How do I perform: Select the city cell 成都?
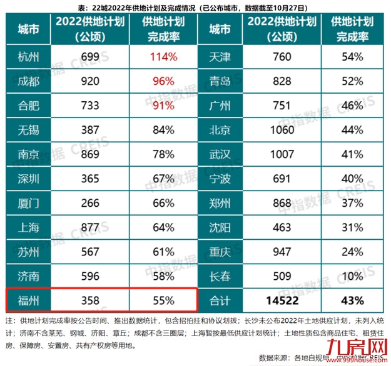30,81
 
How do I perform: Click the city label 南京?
30,155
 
